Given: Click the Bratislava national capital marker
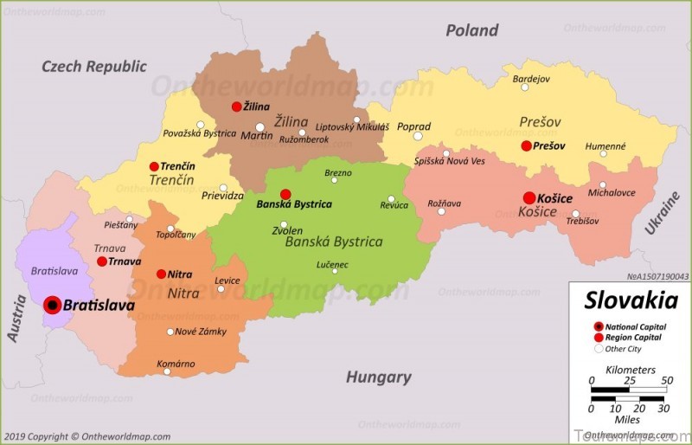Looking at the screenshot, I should click(52, 305).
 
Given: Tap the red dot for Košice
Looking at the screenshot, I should click(529, 198).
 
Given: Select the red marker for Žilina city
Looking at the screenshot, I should click(236, 106).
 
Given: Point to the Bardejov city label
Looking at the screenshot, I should click(531, 79).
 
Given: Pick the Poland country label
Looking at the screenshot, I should click(471, 30).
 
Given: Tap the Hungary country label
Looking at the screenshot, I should click(378, 377).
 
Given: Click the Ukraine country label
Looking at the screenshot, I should click(663, 213).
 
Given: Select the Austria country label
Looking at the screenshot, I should click(16, 318).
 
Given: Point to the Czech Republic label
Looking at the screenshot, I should click(94, 66).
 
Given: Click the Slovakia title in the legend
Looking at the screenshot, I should click(631, 300).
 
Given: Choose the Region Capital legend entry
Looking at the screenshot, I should click(633, 338).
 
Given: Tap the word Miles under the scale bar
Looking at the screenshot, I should click(628, 419).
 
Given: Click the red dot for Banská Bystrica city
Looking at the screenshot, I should click(285, 194).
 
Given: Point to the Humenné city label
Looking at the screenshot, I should click(605, 146).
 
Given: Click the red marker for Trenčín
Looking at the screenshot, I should click(154, 166).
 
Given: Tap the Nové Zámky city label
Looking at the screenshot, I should click(201, 332).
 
